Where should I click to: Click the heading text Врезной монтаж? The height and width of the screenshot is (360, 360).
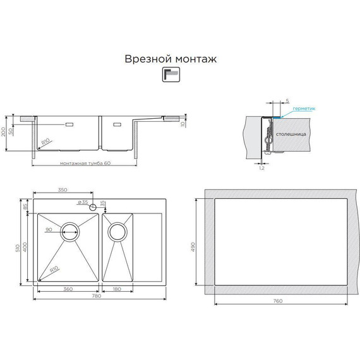pyautogui.click(x=171, y=59)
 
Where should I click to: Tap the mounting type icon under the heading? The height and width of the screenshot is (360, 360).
pyautogui.click(x=171, y=75)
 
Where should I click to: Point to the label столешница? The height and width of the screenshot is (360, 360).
pyautogui.click(x=292, y=135)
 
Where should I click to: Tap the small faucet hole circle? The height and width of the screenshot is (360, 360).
pyautogui.click(x=93, y=207)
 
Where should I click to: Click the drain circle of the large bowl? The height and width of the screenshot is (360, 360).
pyautogui.click(x=70, y=231)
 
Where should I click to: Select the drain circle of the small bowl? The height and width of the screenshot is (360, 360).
pyautogui.click(x=117, y=231)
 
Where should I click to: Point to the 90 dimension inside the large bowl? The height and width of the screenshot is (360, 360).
pyautogui.click(x=48, y=229)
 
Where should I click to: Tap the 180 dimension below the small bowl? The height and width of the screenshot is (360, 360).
pyautogui.click(x=117, y=289)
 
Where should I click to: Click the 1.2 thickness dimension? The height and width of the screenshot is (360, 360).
pyautogui.click(x=261, y=169)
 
